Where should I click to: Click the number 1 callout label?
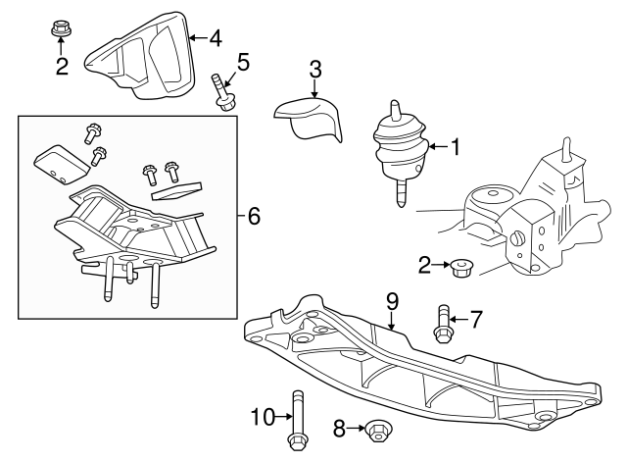[x=454, y=147]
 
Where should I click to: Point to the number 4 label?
[x=215, y=39]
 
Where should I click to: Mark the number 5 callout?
[x=242, y=64]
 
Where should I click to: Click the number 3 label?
[x=314, y=70]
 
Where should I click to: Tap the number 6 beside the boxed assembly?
[x=253, y=216]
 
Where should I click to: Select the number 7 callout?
[x=476, y=319]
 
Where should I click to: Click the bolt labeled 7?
[x=441, y=325]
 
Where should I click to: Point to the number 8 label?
[x=340, y=428]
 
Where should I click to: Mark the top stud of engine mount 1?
[x=397, y=110]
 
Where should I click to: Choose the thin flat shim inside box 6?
[x=176, y=189]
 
